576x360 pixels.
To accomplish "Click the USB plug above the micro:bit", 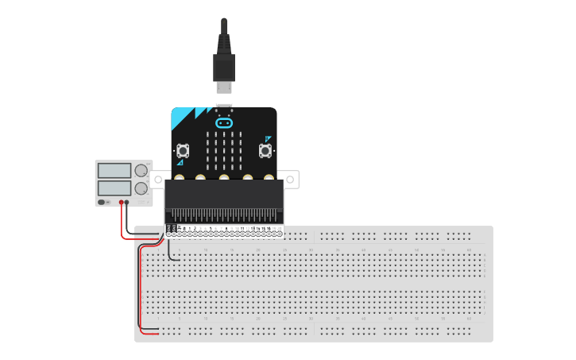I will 224,68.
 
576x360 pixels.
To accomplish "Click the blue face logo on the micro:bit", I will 224,123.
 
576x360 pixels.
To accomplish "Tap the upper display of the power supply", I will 114,170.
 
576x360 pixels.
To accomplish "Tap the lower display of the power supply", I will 114,188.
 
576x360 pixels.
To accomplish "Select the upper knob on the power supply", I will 141,170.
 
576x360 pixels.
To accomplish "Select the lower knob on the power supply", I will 141,188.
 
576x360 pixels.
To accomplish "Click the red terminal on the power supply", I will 121,203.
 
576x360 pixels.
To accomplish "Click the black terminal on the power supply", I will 127,203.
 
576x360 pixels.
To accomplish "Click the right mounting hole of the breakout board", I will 292,180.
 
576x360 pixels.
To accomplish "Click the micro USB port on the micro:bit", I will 224,107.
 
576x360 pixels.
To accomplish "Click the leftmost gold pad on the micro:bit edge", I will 180,177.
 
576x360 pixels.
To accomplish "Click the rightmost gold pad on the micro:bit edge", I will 269,177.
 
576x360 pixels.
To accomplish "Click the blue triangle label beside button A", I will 180,162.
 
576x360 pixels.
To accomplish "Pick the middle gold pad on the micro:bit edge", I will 224,177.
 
